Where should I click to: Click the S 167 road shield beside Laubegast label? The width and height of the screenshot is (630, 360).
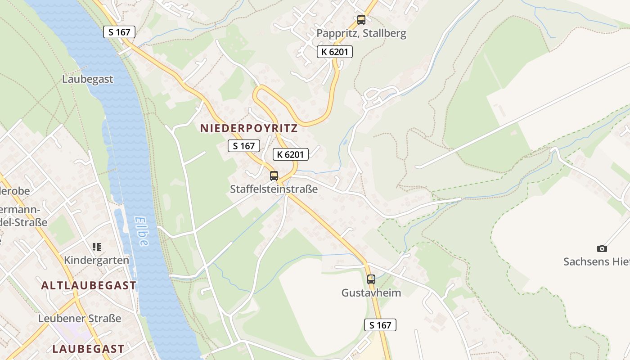[x=119, y=32]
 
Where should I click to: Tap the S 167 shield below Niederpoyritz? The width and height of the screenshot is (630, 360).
[x=244, y=146]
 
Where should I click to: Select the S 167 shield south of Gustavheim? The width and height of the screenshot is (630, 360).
[x=380, y=325]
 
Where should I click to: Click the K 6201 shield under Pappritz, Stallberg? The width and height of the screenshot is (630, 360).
[x=334, y=52]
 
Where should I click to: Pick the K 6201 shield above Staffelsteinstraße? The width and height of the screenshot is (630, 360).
[x=291, y=155]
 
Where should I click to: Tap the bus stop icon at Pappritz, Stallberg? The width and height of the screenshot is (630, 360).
[x=361, y=19]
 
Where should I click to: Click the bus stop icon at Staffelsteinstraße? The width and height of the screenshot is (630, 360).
[x=274, y=175]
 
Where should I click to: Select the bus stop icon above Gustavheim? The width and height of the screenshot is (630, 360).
[x=371, y=279]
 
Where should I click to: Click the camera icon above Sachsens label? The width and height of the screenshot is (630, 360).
[x=602, y=248]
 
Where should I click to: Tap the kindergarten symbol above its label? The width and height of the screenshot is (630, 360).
[x=96, y=247]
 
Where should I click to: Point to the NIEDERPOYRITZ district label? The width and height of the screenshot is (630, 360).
[x=249, y=128]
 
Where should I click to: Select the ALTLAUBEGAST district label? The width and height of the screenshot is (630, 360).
[x=89, y=285]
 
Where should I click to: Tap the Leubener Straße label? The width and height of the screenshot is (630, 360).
[x=80, y=319]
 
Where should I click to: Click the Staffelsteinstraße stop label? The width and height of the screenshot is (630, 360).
[x=274, y=189]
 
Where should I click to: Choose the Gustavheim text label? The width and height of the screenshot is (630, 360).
[x=371, y=293]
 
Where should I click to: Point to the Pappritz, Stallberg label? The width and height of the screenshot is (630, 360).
[x=361, y=33]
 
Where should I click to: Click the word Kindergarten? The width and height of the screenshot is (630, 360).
[x=96, y=260]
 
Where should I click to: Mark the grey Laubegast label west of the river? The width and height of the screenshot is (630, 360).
[x=87, y=79]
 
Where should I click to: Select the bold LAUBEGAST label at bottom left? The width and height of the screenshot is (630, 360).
[x=88, y=349]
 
